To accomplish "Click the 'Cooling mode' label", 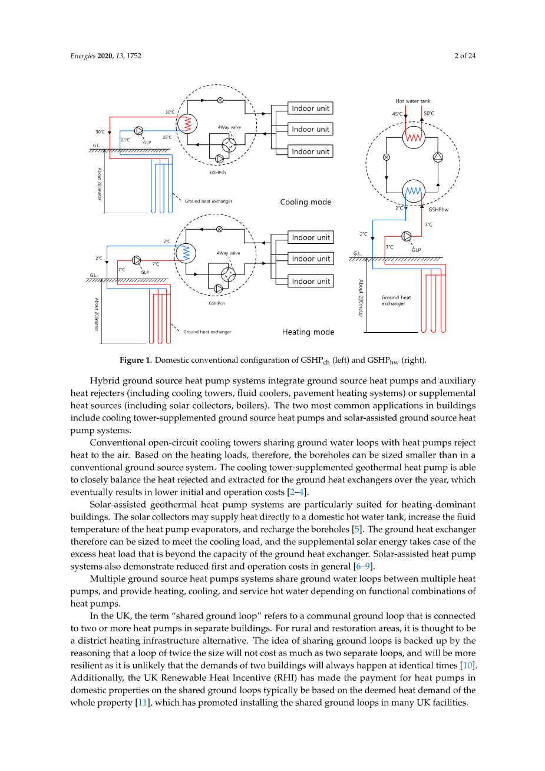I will coord(306,202).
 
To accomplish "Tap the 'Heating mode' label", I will coord(308,332).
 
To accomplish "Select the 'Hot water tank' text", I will coord(413,101).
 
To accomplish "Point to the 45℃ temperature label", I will coord(398,114).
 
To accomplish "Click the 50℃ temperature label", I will coord(429,114).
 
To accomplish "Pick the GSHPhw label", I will coord(438,210).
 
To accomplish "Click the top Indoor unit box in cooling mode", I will coord(311,108).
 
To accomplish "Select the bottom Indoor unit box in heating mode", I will coord(311,282).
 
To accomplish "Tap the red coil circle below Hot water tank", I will coord(414,137).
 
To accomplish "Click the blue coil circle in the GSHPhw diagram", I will coord(414,191).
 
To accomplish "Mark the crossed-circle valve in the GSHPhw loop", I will coord(387,157).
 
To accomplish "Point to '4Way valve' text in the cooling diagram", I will coord(229,127).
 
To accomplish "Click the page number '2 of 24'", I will coord(465,56).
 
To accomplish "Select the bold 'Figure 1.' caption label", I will coord(136,360).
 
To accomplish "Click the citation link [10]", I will coord(468,666).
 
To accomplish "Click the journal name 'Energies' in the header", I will coord(82,56).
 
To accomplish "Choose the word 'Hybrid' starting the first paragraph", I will coord(105,381).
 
